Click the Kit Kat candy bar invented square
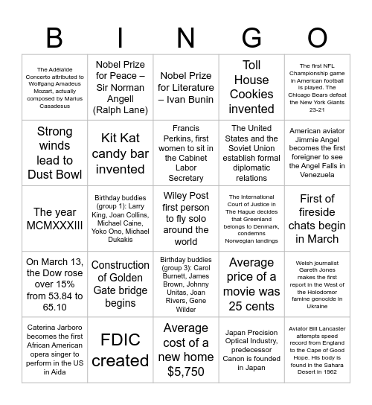pyautogui.click(x=120, y=153)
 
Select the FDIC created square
pyautogui.click(x=120, y=350)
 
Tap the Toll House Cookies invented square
pyautogui.click(x=251, y=88)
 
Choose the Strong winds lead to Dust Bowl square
pyautogui.click(x=54, y=153)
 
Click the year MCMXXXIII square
pyautogui.click(x=54, y=219)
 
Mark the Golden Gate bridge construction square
pyautogui.click(x=120, y=284)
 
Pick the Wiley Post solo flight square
pyautogui.click(x=185, y=219)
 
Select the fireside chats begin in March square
pyautogui.click(x=317, y=219)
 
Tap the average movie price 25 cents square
pyautogui.click(x=251, y=284)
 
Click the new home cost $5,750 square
pyautogui.click(x=185, y=350)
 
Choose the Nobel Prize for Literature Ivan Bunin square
pyautogui.click(x=185, y=88)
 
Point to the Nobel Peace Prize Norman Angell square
pyautogui.click(x=120, y=88)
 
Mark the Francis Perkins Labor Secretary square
pyautogui.click(x=185, y=153)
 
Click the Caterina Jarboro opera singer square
pyautogui.click(x=54, y=350)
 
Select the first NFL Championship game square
pyautogui.click(x=317, y=88)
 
